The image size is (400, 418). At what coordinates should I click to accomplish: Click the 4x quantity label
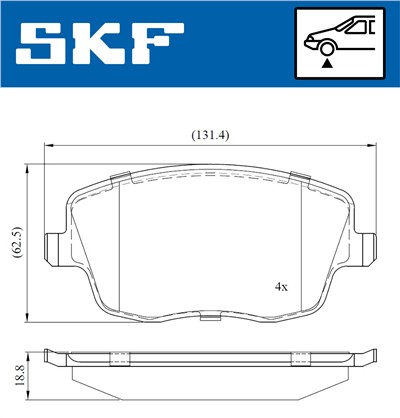point(281,286)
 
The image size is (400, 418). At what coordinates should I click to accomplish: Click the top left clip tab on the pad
point(121,179)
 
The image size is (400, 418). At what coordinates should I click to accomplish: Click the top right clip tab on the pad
point(296,179)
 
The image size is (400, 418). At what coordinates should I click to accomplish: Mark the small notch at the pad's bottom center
point(209,319)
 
